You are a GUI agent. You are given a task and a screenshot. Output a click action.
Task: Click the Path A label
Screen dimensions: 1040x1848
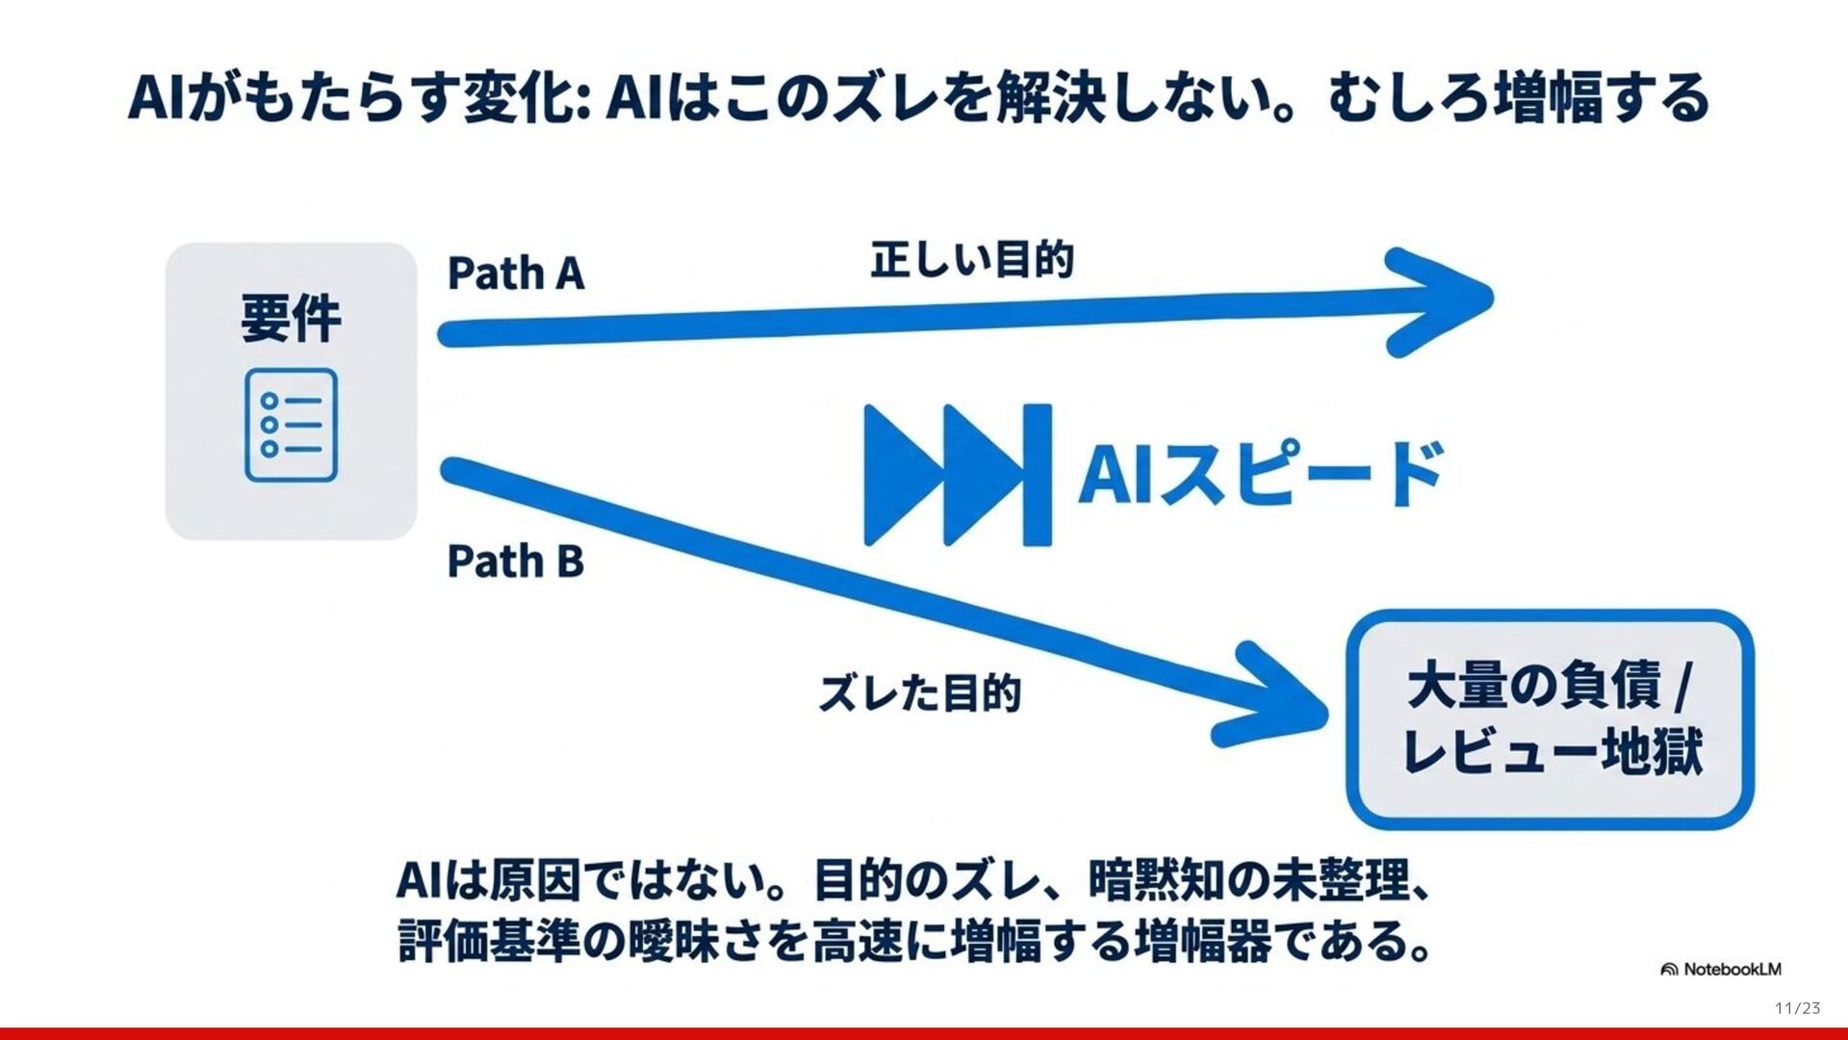pos(516,273)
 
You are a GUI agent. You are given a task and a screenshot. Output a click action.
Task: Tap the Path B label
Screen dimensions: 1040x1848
pos(516,560)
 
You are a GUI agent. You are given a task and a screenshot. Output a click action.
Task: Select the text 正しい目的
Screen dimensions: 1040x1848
pos(972,260)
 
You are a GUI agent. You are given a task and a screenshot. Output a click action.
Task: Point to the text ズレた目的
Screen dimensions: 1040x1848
pos(920,693)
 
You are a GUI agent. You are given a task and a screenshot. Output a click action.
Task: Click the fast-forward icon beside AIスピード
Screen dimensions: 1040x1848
pos(957,475)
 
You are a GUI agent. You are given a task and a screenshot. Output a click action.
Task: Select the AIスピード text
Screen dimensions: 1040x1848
pos(1261,473)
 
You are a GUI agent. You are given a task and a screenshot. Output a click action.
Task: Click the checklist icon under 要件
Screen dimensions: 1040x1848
pos(291,425)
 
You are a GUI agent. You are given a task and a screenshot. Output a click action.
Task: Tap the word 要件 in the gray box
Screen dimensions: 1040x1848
pos(291,319)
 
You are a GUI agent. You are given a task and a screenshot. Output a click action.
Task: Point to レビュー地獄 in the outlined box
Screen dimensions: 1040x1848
pos(1552,751)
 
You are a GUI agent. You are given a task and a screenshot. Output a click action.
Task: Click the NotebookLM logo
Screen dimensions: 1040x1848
pos(1721,969)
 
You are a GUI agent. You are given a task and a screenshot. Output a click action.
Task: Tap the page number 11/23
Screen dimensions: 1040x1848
pos(1797,1008)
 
